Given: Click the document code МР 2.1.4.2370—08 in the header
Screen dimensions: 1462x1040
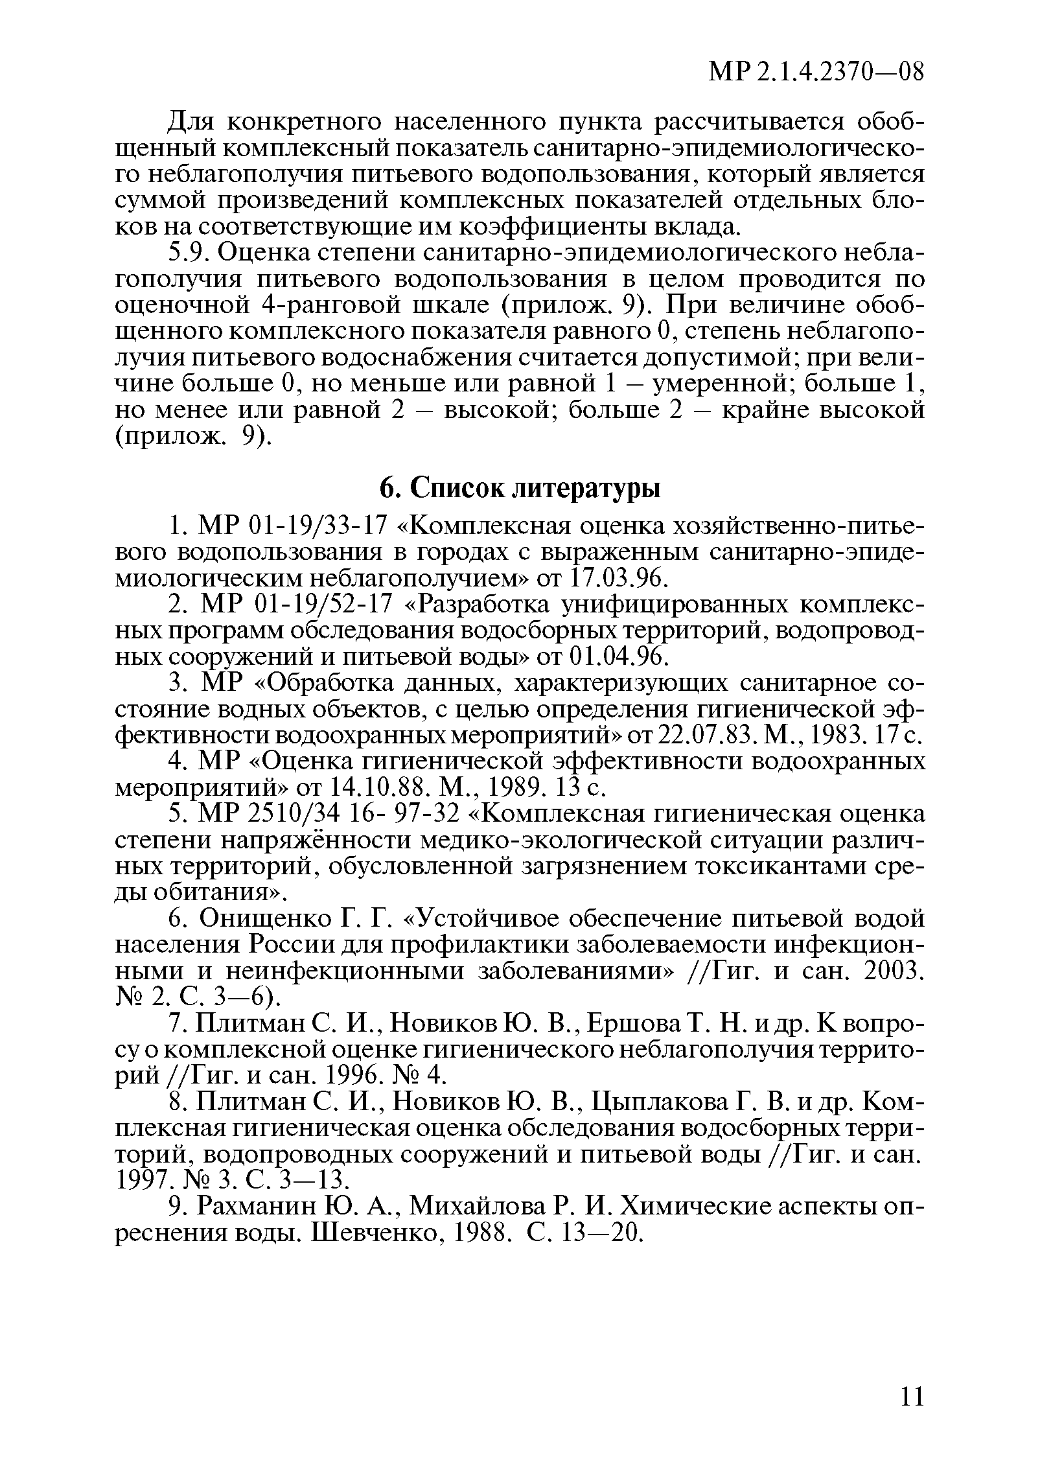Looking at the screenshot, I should [816, 71].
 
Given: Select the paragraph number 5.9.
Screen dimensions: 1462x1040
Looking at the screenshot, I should [189, 253].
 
